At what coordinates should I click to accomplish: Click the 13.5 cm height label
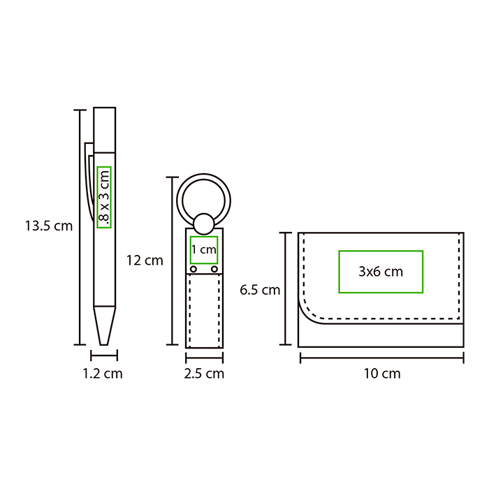[49, 226]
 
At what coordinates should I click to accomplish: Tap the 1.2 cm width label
[103, 373]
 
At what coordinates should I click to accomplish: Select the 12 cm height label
[145, 261]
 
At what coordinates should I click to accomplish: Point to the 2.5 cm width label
[204, 373]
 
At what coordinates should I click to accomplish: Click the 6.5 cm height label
[260, 290]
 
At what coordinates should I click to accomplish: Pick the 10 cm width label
[382, 373]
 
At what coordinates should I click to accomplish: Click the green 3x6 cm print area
[381, 272]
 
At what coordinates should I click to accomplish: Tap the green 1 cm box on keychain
[204, 250]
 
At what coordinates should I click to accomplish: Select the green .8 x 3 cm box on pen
[104, 197]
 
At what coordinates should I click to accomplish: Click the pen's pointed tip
[104, 344]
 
